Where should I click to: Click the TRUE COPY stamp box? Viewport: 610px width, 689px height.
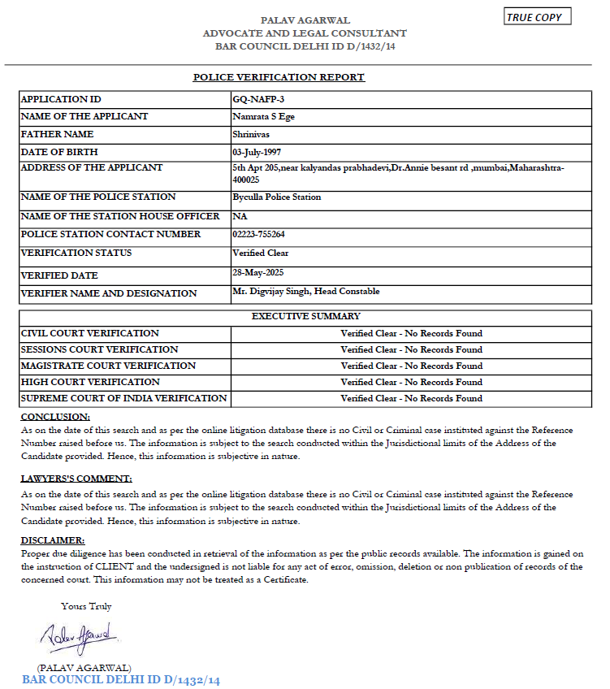pos(538,17)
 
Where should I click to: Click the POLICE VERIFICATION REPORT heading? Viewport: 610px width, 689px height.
pos(279,77)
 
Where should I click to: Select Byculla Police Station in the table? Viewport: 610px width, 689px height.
pos(276,197)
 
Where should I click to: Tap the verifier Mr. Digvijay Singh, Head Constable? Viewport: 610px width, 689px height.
pos(305,291)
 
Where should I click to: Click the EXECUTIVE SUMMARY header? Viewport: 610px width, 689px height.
pos(305,316)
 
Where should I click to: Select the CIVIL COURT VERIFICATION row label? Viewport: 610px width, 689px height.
pos(90,333)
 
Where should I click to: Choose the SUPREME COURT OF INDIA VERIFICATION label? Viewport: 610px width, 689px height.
pos(124,398)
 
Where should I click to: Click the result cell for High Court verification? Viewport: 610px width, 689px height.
pos(411,382)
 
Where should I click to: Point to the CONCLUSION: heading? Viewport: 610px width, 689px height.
pos(50,417)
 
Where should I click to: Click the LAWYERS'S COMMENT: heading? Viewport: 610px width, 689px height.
pos(76,479)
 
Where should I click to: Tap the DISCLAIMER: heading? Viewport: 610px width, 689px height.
pos(52,540)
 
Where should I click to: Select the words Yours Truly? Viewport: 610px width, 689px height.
pos(86,606)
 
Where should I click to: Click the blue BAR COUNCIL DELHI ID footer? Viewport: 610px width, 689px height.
pos(121,679)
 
